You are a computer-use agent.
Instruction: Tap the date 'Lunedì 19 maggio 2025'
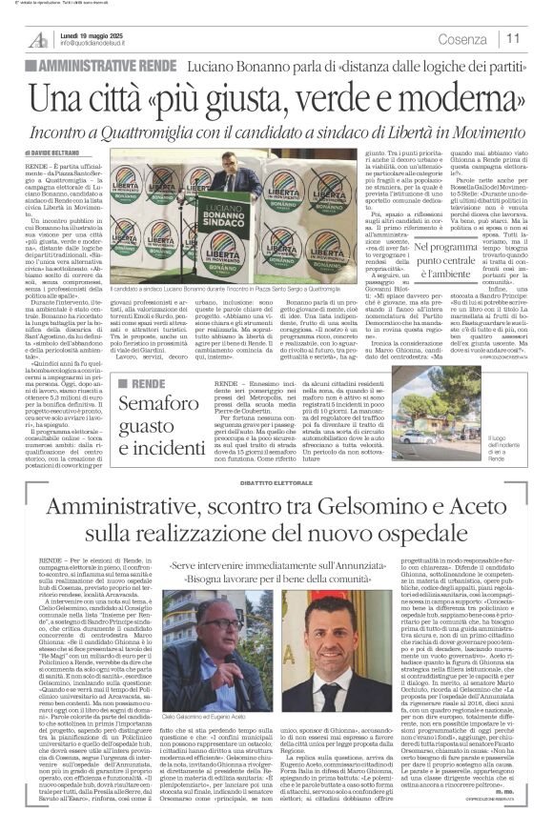coord(92,33)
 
